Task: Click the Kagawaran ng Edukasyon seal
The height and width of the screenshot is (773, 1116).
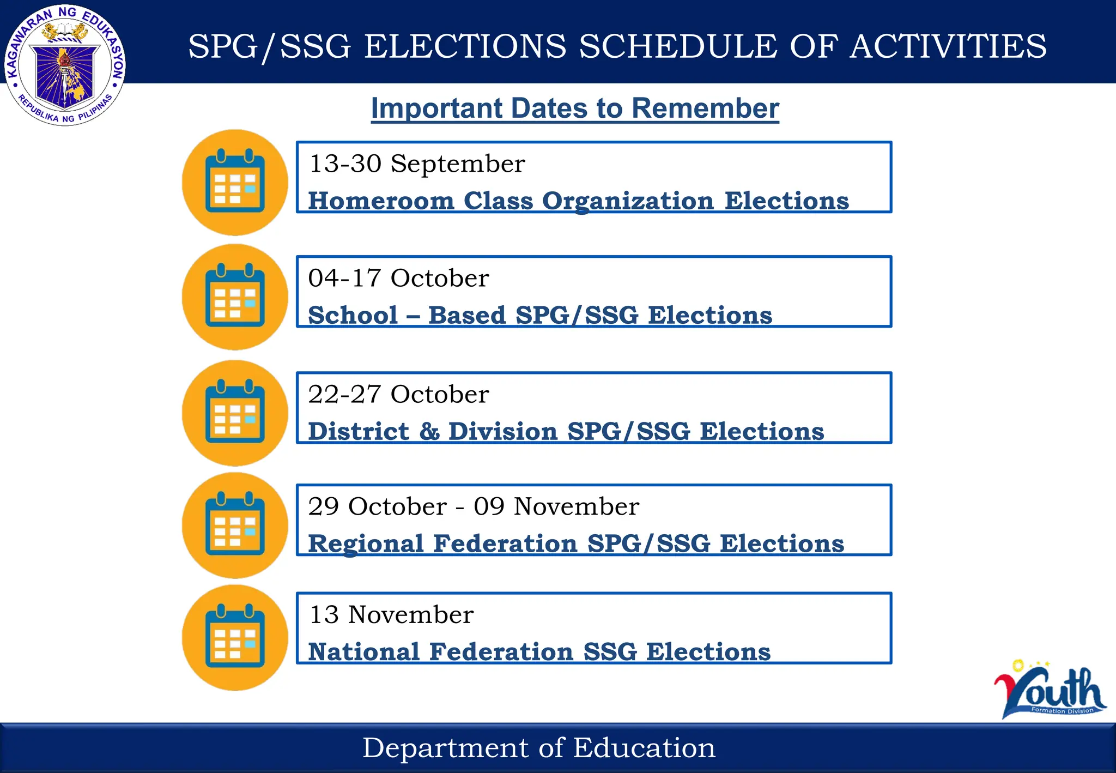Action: [x=65, y=65]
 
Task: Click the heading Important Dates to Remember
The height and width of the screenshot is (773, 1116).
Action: [x=575, y=108]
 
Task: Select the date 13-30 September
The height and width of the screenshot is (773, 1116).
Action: [x=417, y=164]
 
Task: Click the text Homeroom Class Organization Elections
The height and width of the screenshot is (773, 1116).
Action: [x=578, y=201]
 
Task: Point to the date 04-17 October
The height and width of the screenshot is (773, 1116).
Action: [x=398, y=278]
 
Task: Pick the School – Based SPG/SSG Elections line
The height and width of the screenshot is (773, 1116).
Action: [x=540, y=315]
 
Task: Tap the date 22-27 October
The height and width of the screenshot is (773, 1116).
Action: [x=398, y=394]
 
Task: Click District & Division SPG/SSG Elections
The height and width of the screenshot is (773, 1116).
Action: [x=566, y=431]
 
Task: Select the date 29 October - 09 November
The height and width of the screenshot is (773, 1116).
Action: [x=474, y=506]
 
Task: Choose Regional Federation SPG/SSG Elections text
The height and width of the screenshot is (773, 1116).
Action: [x=576, y=543]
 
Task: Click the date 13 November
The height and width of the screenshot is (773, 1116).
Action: [x=391, y=614]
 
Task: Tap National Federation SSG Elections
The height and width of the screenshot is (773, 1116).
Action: [x=539, y=651]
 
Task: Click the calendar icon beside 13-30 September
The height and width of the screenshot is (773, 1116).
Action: [x=235, y=182]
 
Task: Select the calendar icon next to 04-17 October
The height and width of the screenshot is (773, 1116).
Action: [x=235, y=297]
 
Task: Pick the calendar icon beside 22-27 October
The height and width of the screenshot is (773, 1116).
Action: [x=235, y=413]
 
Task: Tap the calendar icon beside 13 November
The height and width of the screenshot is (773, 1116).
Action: [x=235, y=637]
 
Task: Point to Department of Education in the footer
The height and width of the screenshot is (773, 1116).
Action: [x=539, y=747]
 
